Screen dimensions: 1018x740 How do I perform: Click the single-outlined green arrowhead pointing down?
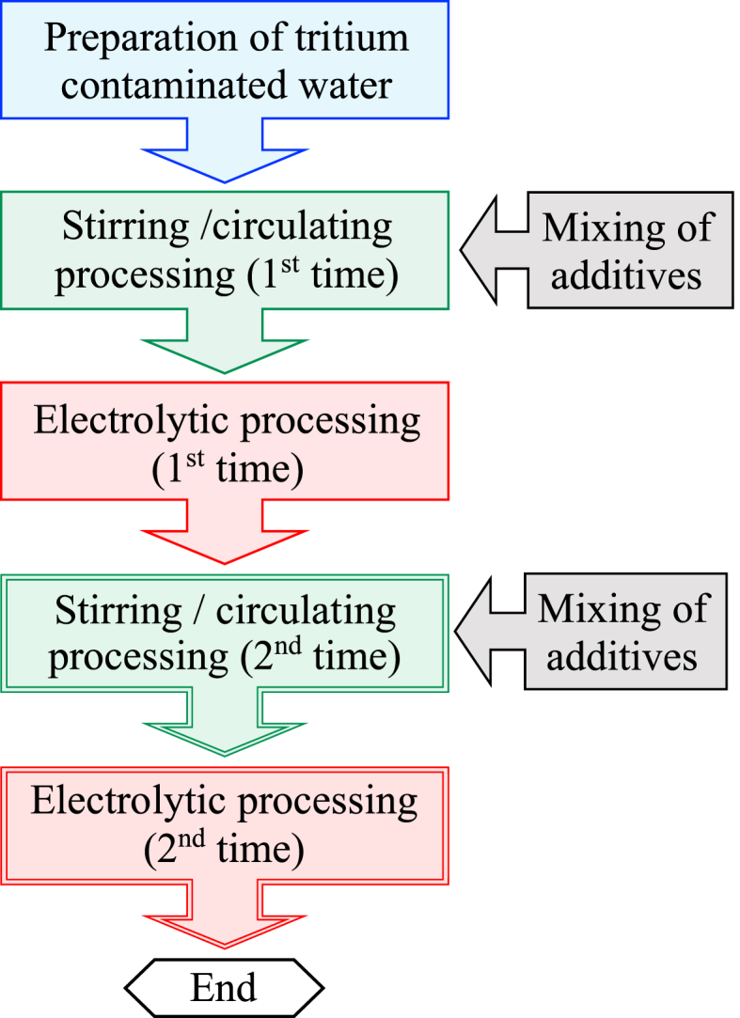pyautogui.click(x=225, y=353)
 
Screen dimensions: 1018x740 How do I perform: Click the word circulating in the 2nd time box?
pyautogui.click(x=306, y=612)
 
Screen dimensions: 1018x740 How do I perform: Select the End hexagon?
pyautogui.click(x=225, y=988)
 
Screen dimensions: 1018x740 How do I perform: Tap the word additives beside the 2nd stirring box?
pyautogui.click(x=622, y=655)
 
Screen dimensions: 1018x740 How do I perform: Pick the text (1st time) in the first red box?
pyautogui.click(x=227, y=469)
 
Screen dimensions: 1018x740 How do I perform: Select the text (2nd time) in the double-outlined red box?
pyautogui.click(x=225, y=851)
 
